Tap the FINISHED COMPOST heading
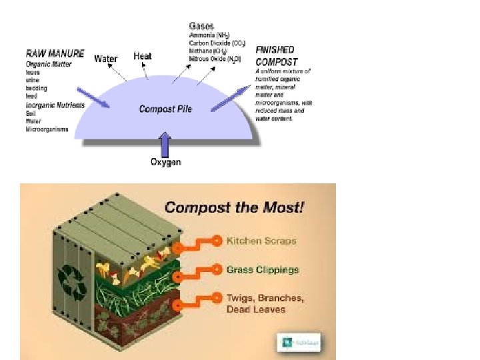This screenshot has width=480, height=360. (275, 54)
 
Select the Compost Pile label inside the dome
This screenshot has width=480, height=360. (165, 109)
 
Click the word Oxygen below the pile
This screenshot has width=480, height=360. (165, 162)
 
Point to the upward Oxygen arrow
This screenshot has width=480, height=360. (165, 143)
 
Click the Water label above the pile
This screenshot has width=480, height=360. (106, 59)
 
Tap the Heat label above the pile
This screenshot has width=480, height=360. (143, 56)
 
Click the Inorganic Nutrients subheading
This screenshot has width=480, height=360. (55, 105)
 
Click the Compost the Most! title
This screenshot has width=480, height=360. (234, 207)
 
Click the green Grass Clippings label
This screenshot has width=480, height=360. (262, 270)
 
